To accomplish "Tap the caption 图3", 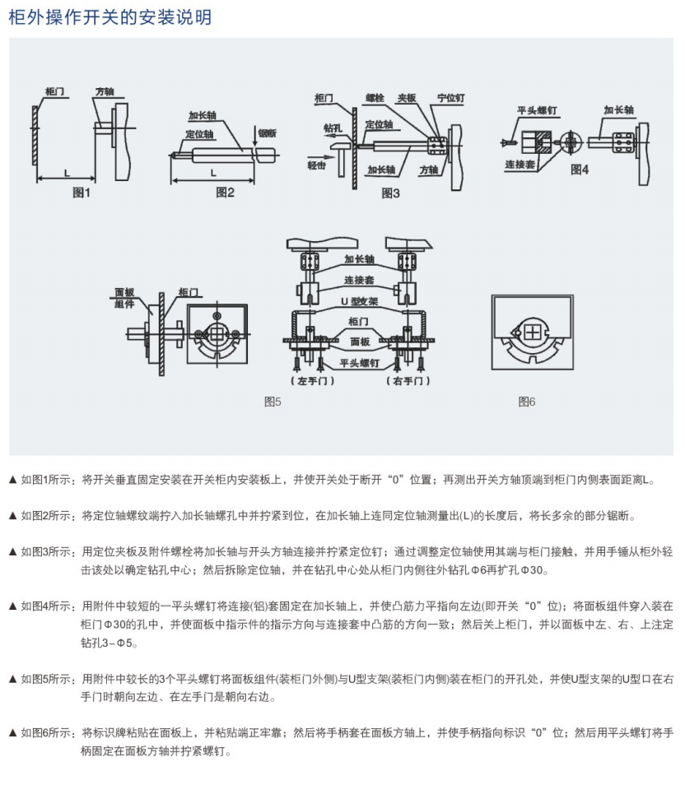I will pyautogui.click(x=391, y=193).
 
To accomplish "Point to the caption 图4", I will pyautogui.click(x=580, y=170).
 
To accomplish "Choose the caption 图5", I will pyautogui.click(x=273, y=402).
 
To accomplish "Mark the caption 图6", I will pyautogui.click(x=527, y=402).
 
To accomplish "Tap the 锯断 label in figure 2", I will pyautogui.click(x=268, y=132).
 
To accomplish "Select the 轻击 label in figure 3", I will pyautogui.click(x=317, y=165).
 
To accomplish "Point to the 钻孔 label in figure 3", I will pyautogui.click(x=333, y=129).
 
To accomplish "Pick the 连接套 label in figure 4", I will pyautogui.click(x=521, y=165).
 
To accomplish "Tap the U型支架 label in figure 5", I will pyautogui.click(x=354, y=300).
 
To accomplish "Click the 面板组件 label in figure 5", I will pyautogui.click(x=124, y=297).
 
